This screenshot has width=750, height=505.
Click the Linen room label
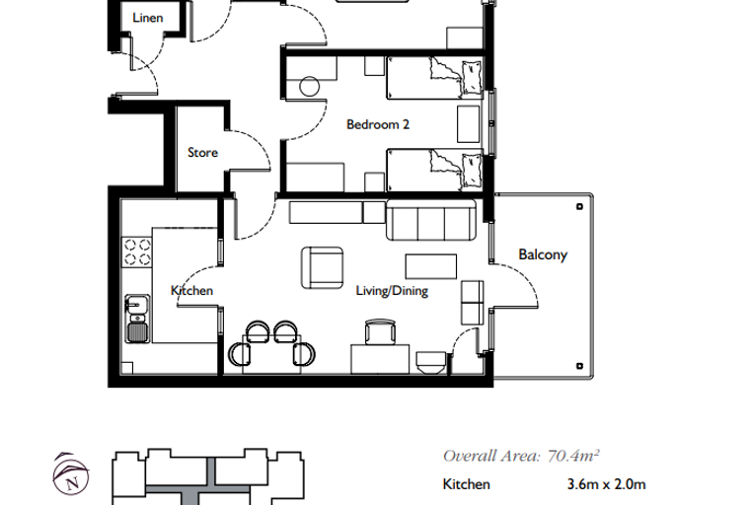148,18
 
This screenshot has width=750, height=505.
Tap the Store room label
203,153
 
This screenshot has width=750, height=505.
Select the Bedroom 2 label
378,124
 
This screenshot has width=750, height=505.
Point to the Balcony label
543,254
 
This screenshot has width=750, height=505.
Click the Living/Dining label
392,291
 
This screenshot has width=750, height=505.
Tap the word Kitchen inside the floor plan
191,290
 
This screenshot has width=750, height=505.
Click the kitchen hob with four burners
137,252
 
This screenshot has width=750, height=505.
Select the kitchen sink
137,319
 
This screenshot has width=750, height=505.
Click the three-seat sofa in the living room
431,220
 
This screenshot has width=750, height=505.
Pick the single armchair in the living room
322,268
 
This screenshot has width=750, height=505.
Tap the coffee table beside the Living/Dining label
431,266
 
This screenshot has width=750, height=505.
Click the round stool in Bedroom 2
310,87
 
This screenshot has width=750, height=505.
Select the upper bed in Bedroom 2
434,78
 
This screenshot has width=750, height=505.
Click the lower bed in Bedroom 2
434,171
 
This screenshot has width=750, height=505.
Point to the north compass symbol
71,473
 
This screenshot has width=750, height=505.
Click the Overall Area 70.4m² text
521,456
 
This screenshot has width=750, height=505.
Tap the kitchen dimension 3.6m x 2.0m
606,484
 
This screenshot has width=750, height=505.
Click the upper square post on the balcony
579,206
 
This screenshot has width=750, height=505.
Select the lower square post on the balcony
579,366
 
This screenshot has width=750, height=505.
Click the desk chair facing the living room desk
380,331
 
